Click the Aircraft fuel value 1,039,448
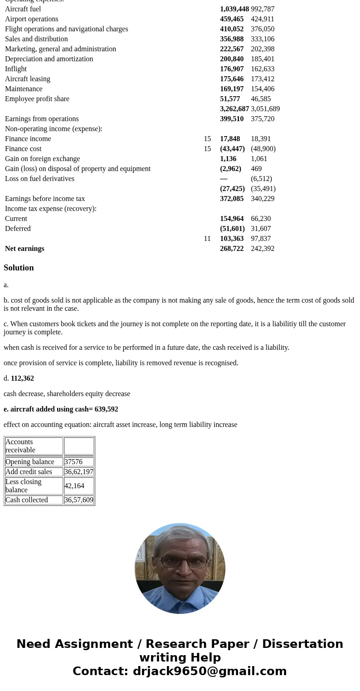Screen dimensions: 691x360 click(234, 9)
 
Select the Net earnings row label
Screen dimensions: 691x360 click(24, 249)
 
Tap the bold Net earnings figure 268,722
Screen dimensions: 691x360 click(232, 249)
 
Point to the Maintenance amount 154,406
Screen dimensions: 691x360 click(263, 89)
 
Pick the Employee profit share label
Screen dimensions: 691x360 click(37, 99)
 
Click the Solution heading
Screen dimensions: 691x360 click(19, 268)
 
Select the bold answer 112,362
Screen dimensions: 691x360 click(22, 378)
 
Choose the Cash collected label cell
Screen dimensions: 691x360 click(27, 500)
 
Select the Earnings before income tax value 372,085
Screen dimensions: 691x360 click(232, 199)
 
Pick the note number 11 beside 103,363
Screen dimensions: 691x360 click(207, 239)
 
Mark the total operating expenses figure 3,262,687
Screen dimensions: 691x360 click(234, 109)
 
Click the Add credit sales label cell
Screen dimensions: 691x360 click(29, 472)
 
